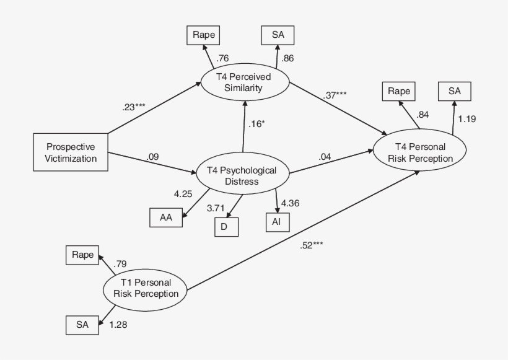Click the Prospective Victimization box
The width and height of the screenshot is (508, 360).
(71, 152)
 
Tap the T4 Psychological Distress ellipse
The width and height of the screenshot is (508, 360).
(243, 175)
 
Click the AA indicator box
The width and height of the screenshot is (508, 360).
(166, 217)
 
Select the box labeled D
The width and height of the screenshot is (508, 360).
(225, 227)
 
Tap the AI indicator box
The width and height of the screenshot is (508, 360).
(277, 221)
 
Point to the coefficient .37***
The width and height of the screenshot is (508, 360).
(334, 95)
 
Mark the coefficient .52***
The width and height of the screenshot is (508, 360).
(310, 245)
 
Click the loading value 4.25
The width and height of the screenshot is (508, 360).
(183, 194)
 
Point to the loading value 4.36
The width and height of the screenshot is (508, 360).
(292, 203)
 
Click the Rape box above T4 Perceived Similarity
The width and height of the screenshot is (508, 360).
(203, 35)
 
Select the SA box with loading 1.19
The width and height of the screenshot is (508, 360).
(455, 91)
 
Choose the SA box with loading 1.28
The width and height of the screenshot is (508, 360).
(82, 324)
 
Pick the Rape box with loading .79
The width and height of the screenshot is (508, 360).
(82, 254)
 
